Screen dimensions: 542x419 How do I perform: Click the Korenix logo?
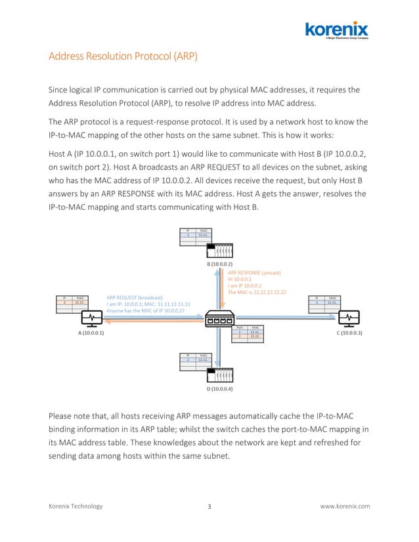336,30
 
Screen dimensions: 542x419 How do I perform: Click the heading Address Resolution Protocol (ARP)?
123,56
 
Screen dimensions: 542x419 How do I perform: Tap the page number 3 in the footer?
209,506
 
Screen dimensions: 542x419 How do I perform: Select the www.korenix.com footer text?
345,506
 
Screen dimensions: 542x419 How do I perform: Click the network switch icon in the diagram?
220,319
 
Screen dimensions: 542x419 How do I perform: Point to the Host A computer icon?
91,318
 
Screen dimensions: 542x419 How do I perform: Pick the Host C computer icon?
347,318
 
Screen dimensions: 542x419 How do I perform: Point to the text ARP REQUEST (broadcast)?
135,297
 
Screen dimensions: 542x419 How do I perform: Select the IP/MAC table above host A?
72,304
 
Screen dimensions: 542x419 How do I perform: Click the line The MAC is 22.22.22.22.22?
257,292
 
